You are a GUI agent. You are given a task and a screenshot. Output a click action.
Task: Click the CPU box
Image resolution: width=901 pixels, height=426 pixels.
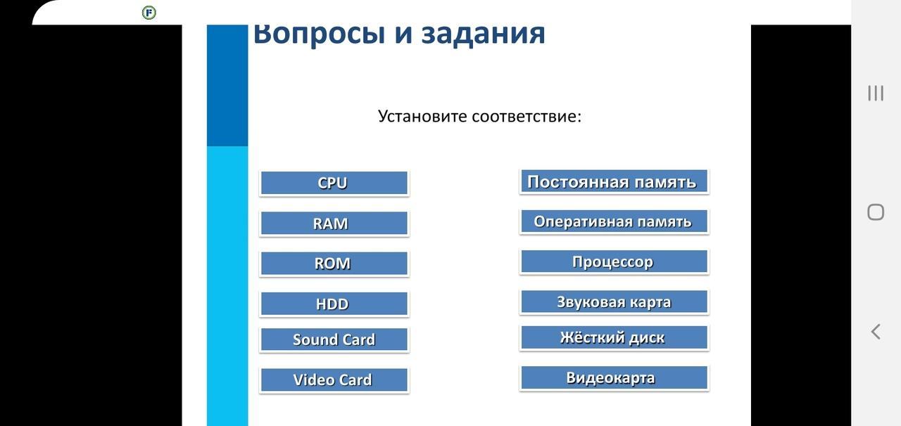[x=334, y=183]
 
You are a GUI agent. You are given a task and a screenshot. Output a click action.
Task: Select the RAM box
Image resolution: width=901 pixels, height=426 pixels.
[x=334, y=224]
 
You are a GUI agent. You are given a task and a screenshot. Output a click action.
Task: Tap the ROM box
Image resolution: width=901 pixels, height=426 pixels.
[x=334, y=264]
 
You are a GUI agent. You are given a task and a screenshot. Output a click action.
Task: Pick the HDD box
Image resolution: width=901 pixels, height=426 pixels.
[x=334, y=304]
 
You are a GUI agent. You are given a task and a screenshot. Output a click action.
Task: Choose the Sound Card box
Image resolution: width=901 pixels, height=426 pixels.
[x=334, y=340]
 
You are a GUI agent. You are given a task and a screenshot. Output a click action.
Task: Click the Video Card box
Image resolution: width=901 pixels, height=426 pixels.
[x=334, y=380]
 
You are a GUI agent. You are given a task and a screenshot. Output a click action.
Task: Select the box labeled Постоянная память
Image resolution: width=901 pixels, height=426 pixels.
[x=614, y=181]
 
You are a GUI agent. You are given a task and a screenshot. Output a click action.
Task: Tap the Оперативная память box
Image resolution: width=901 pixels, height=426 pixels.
[x=614, y=221]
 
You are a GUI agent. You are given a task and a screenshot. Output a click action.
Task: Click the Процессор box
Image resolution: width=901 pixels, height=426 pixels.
[x=614, y=262]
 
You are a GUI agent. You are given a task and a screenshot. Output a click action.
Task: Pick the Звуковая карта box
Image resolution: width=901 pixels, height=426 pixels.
[x=614, y=302]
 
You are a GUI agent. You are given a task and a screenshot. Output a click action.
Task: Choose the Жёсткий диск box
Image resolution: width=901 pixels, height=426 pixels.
[x=614, y=337]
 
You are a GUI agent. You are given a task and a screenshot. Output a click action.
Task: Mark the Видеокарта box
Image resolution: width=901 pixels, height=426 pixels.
[x=614, y=377]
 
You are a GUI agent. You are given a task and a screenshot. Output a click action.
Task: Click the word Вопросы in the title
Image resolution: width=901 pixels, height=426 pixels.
[x=320, y=34]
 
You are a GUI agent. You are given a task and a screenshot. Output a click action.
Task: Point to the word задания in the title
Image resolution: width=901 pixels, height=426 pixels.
[x=483, y=34]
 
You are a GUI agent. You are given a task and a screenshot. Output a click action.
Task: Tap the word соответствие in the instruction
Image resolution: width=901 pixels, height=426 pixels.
[x=525, y=117]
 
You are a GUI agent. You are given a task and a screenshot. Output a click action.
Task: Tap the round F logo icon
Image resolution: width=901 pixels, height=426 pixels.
[x=149, y=13]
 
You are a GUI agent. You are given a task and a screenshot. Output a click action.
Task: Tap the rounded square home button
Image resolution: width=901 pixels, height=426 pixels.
[x=876, y=212]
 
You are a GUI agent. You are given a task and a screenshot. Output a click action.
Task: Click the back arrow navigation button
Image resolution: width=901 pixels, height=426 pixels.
[x=876, y=332]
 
